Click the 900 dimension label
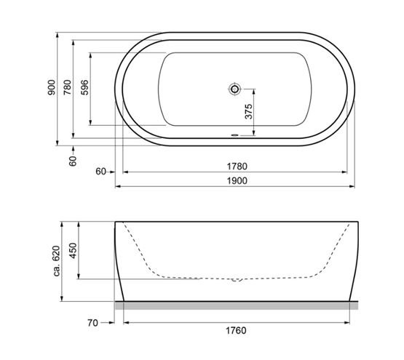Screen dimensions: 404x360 coord(52,87)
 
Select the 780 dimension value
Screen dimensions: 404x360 coord(67,87)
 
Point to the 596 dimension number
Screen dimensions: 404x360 coord(84,87)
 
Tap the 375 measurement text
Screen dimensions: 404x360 coord(248,111)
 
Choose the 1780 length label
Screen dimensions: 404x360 coord(237,167)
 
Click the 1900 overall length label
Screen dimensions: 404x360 coord(237,181)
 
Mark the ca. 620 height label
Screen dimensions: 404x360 coord(57,261)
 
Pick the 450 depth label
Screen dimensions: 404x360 coord(74,251)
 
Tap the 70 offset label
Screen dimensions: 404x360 coord(92,323)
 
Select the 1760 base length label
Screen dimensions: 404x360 coord(236,330)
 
